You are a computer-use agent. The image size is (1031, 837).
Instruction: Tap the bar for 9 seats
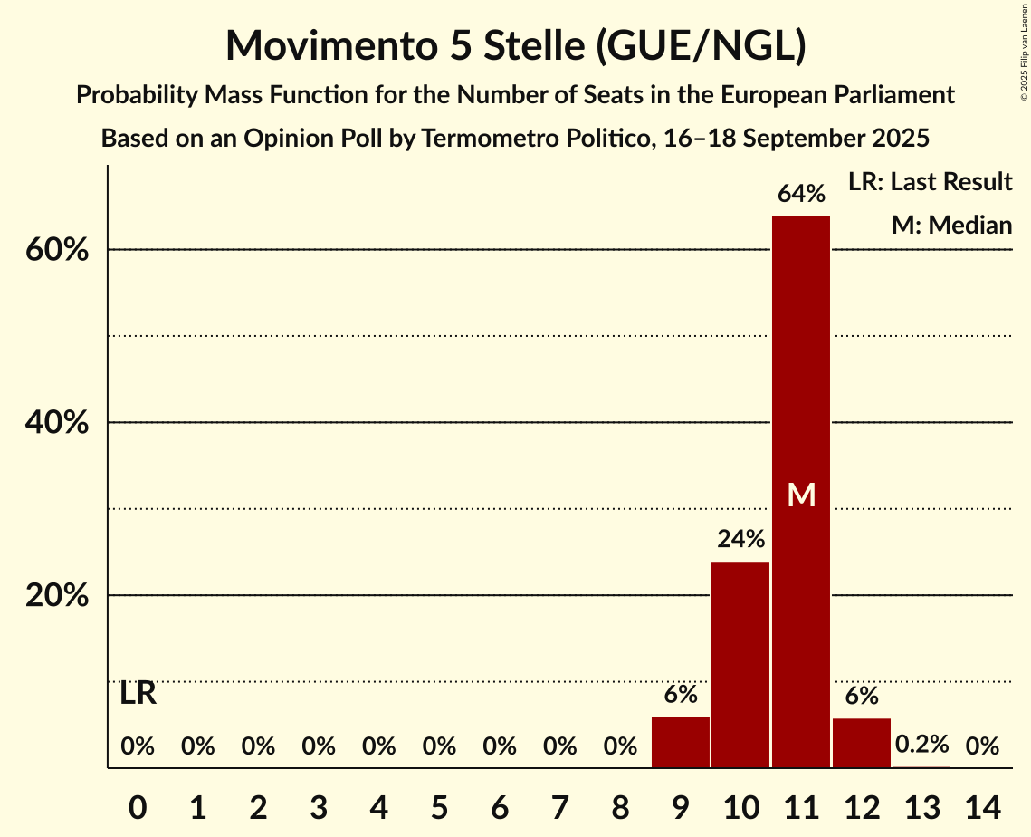(681, 742)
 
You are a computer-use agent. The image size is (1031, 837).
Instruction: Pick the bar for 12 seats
(862, 743)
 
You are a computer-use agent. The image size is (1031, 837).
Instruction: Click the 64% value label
(801, 194)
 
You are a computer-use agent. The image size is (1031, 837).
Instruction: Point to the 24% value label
(740, 540)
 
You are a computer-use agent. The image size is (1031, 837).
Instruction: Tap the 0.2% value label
(921, 745)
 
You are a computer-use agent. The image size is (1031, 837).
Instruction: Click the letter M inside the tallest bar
(801, 495)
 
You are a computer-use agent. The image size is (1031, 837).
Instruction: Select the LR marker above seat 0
(138, 694)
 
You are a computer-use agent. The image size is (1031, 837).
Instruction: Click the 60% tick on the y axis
(57, 250)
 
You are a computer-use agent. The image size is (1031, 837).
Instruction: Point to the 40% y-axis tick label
(57, 423)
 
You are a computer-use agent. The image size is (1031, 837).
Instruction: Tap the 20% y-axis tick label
(57, 596)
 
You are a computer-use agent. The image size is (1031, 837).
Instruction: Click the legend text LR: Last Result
(930, 182)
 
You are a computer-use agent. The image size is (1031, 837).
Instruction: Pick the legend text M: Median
(951, 226)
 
